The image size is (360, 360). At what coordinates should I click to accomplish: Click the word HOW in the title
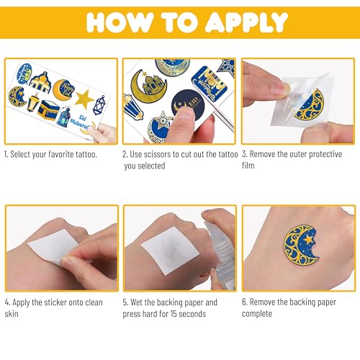click(120, 22)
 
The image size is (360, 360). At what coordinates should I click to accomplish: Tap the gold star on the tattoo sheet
click(84, 99)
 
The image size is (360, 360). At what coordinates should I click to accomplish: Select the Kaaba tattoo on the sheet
click(48, 110)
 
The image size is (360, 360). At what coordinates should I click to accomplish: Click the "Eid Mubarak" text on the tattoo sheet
click(80, 122)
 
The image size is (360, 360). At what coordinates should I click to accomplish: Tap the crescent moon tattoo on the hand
click(302, 245)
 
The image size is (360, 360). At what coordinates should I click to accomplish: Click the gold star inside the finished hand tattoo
click(308, 239)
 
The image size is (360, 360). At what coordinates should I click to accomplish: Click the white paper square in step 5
click(171, 251)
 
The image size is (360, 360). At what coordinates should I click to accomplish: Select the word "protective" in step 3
click(325, 155)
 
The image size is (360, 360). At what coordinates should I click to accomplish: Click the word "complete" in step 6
click(257, 314)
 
